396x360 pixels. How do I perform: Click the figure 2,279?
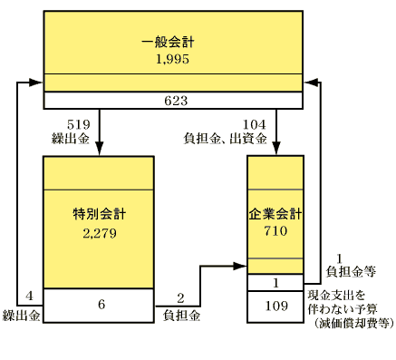click(99, 233)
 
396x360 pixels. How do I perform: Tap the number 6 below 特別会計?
click(101, 304)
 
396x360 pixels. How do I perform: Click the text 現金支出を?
click(337, 296)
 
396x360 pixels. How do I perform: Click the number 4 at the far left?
click(30, 296)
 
